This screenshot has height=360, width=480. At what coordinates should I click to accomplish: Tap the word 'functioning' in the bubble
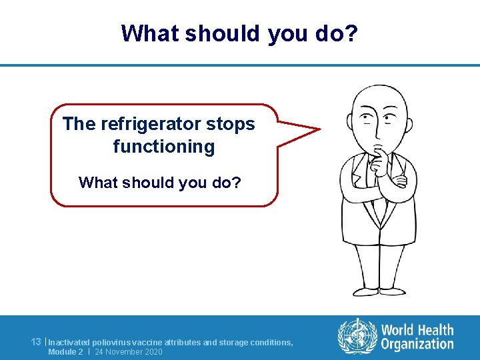164,146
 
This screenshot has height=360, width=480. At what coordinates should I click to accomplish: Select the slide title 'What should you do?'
240,33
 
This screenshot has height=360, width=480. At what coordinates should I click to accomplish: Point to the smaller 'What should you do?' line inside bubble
160,182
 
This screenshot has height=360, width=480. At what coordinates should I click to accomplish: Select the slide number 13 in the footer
37,342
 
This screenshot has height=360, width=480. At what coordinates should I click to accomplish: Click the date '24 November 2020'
129,351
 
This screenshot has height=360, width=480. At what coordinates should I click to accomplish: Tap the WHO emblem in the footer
357,336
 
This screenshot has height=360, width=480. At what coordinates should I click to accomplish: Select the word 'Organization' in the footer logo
417,344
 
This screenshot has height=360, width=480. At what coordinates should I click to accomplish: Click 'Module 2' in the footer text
65,351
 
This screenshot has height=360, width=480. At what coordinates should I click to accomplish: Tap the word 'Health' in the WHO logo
437,330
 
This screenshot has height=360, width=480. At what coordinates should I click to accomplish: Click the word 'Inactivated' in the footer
69,342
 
